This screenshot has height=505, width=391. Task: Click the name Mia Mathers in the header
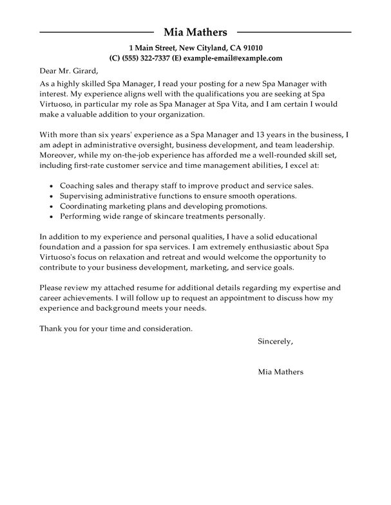coord(195,32)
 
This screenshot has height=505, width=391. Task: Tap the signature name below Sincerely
coord(280,372)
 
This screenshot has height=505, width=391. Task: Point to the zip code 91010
coord(250,48)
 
